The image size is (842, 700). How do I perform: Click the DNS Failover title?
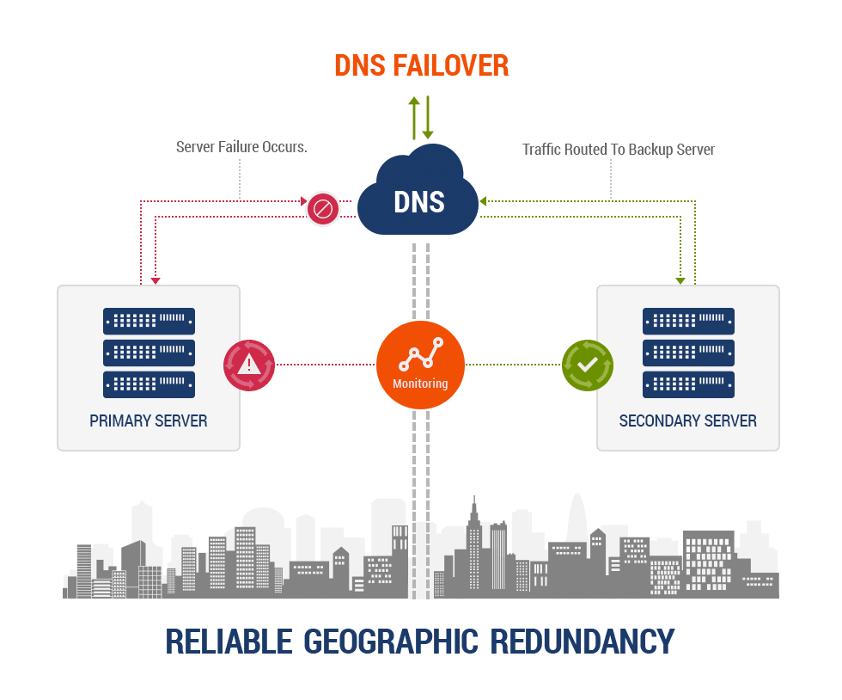pos(421,65)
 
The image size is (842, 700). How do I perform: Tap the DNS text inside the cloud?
pos(418,201)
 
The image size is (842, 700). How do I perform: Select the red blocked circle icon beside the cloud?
pos(323,209)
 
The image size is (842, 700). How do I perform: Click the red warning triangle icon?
pos(249,365)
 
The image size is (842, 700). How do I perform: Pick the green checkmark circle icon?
pos(587,365)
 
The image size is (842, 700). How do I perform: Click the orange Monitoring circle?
pos(420,365)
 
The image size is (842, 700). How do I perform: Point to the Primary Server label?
pos(149,421)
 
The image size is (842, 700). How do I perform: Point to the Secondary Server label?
pos(687,421)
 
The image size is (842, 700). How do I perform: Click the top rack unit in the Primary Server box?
pos(149,322)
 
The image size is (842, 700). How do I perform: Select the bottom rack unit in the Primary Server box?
pos(149,384)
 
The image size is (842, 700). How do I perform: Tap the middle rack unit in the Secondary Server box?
pos(688,353)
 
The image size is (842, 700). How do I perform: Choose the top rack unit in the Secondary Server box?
pos(688,322)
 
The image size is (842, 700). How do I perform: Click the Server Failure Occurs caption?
pos(240,148)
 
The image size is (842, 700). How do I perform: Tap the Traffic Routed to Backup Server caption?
pos(619,150)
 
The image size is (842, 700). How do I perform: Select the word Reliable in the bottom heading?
pos(225,642)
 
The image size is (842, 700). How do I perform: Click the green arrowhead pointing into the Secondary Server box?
pos(680,279)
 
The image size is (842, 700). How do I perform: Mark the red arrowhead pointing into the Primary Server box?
pos(155,279)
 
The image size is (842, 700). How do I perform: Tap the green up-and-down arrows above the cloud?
pos(421,118)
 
